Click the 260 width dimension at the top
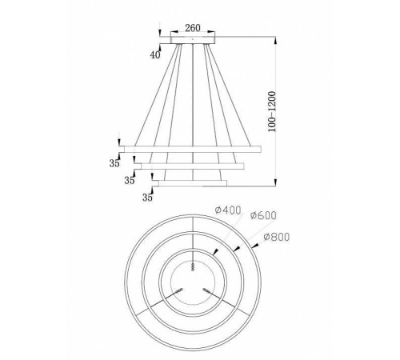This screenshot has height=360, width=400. click(x=192, y=27)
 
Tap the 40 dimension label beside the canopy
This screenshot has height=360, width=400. click(x=155, y=54)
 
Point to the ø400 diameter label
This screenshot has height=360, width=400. click(x=227, y=210)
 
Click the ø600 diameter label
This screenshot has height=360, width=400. click(x=263, y=215)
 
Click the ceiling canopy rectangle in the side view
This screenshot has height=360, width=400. click(x=192, y=38)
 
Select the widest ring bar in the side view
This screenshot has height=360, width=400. click(x=191, y=150)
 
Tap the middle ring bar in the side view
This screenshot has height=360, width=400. click(x=191, y=166)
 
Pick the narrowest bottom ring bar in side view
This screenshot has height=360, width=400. click(x=191, y=182)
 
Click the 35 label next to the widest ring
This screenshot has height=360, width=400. click(x=114, y=162)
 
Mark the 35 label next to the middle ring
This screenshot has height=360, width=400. click(x=130, y=181)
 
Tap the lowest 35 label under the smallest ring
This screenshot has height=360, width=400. click(x=147, y=196)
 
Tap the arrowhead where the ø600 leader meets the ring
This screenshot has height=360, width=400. click(x=236, y=250)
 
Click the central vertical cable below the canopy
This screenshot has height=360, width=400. click(x=192, y=96)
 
